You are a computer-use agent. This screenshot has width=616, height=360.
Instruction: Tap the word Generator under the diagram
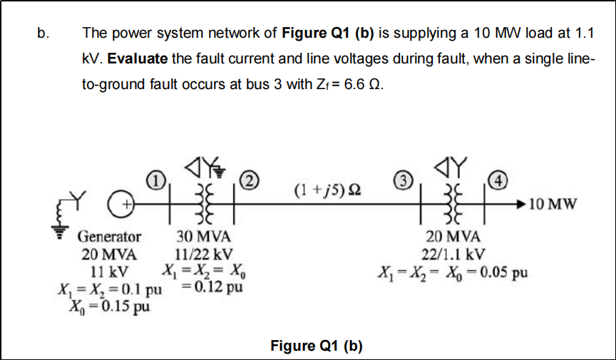(109, 236)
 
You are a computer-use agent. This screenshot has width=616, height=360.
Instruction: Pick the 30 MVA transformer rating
(202, 237)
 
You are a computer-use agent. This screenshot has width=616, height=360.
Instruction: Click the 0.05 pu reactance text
(500, 273)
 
